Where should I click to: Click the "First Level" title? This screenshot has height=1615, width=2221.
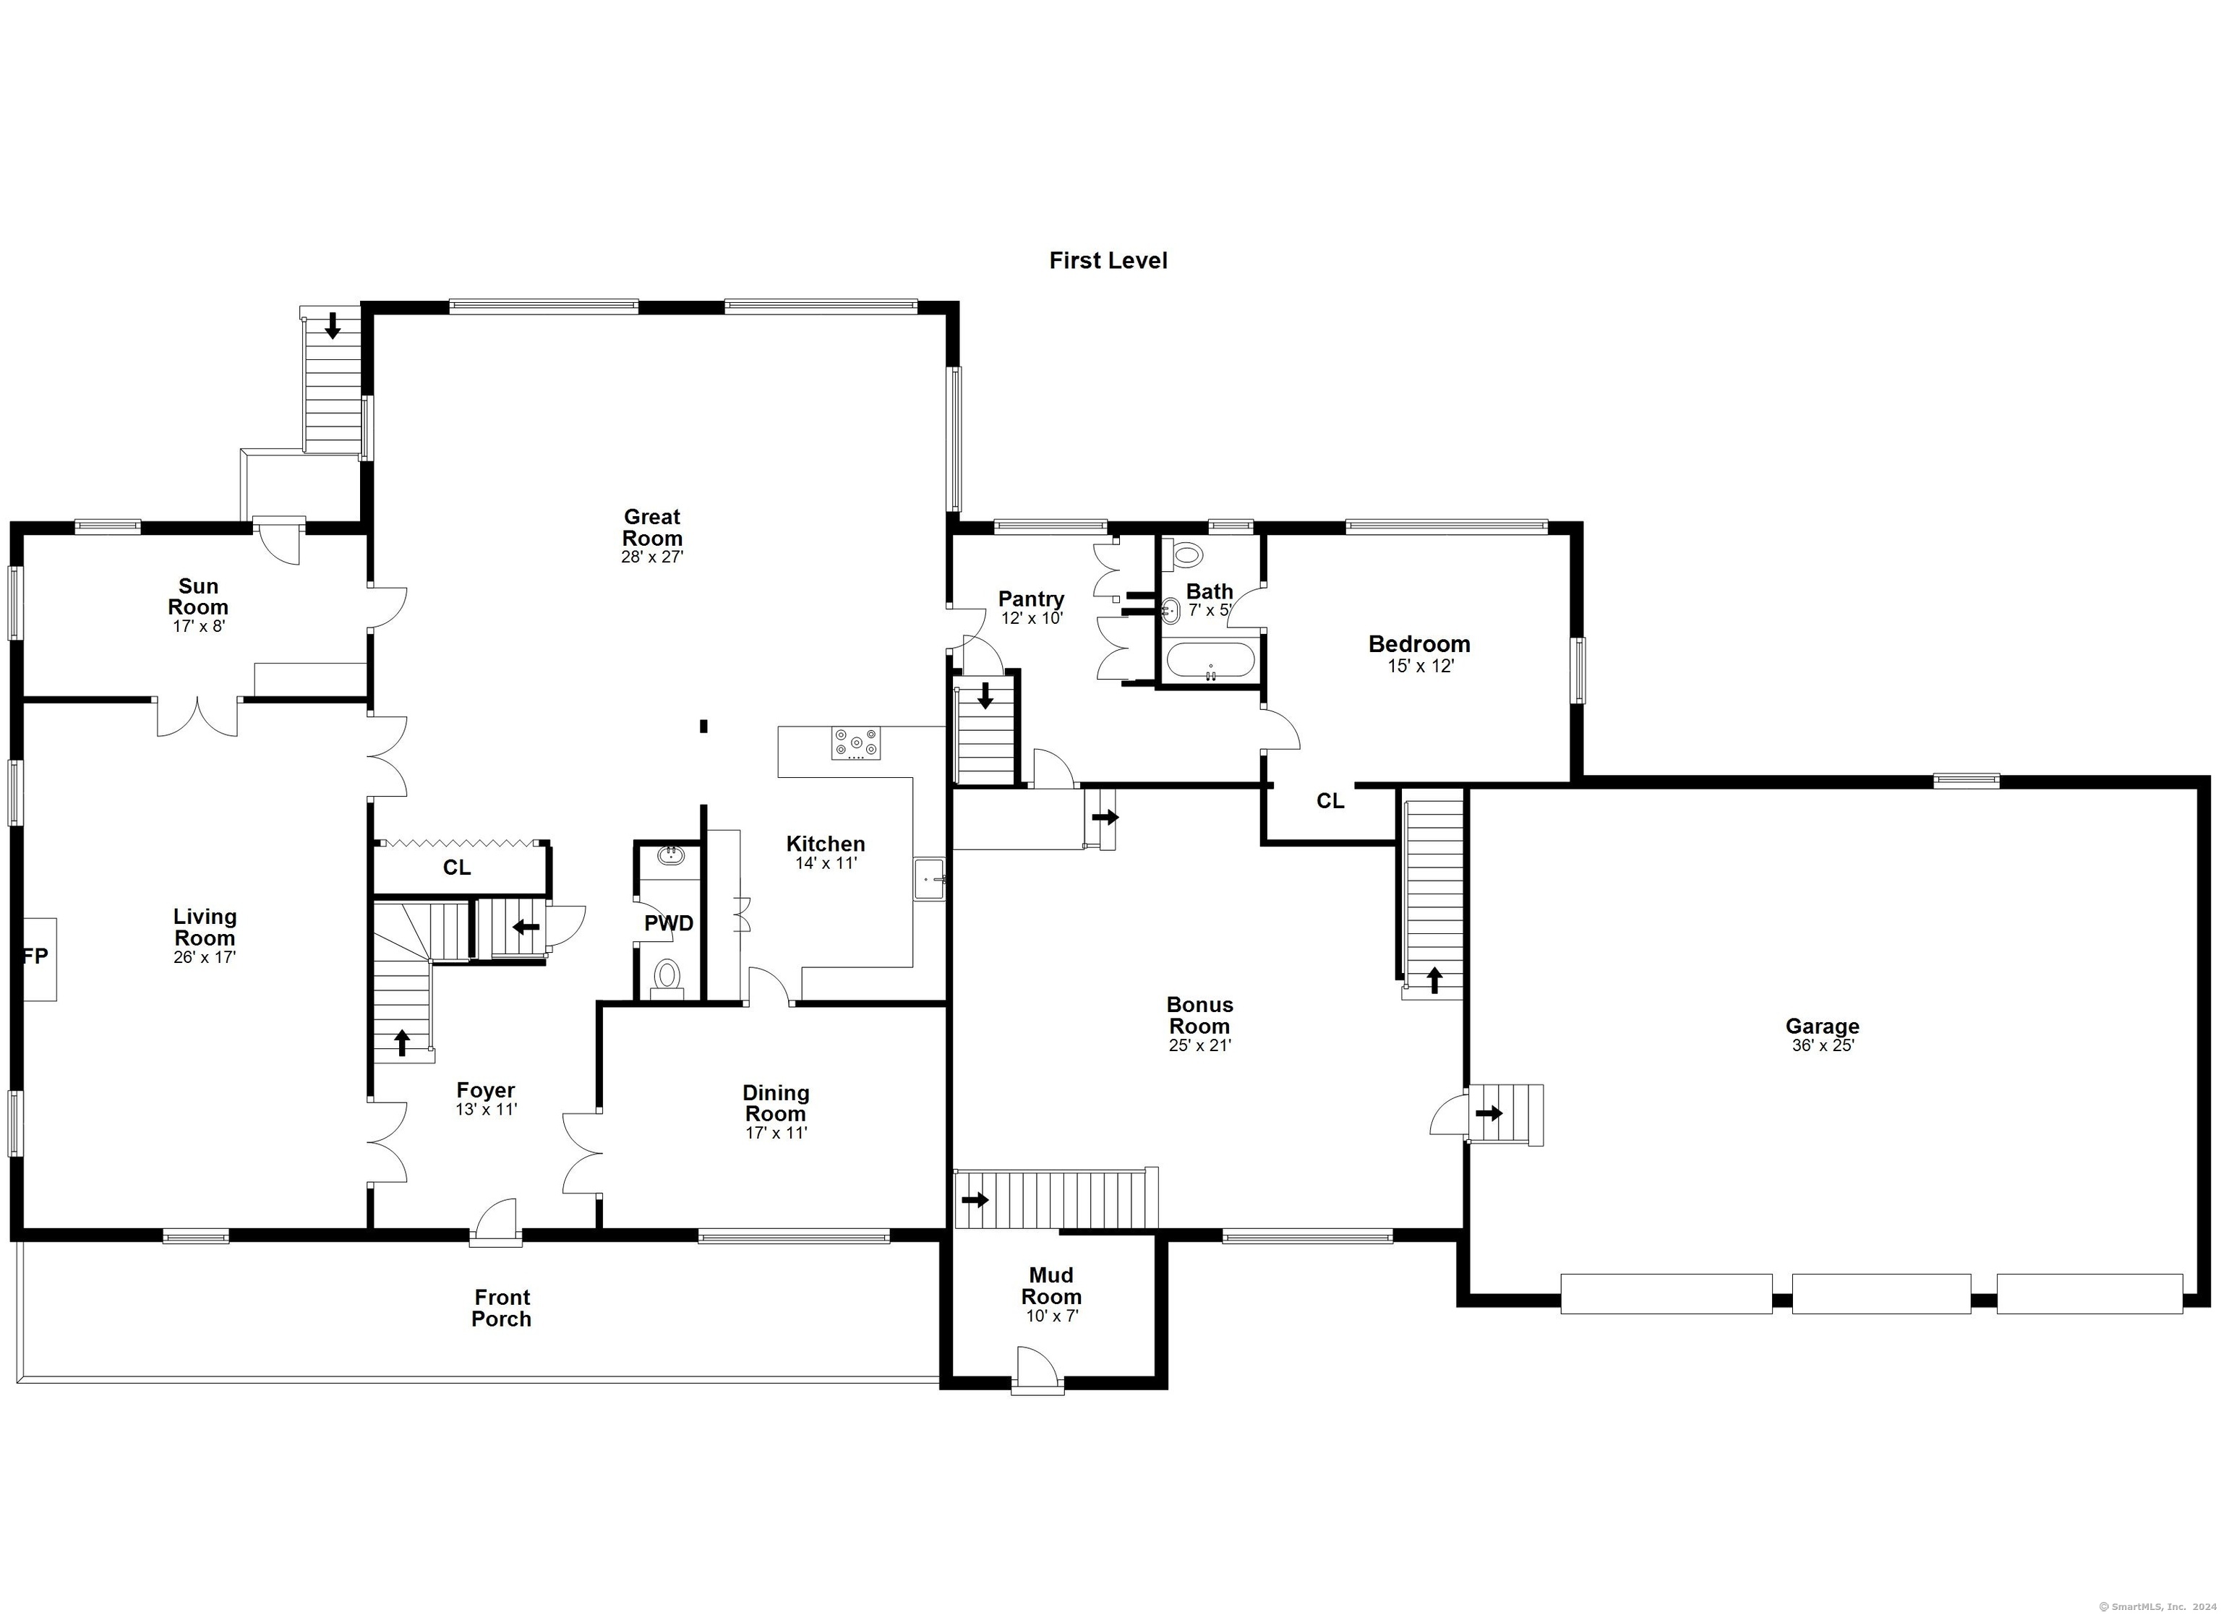(x=1108, y=260)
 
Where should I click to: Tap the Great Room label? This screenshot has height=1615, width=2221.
(x=652, y=527)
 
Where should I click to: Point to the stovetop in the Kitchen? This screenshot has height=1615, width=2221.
(x=856, y=743)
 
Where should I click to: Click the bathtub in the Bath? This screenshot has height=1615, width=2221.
(x=1210, y=659)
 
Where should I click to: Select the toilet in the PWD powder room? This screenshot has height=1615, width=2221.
(x=667, y=977)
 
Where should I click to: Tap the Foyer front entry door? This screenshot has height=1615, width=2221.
(x=495, y=1222)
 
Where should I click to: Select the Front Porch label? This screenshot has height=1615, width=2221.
(x=502, y=1308)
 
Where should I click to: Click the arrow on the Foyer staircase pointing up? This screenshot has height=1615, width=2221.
(x=401, y=1042)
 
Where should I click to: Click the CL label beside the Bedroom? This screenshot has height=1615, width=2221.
(x=1330, y=801)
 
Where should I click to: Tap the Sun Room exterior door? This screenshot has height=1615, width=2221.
(x=278, y=539)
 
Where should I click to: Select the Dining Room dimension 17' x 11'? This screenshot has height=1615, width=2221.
(x=776, y=1133)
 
